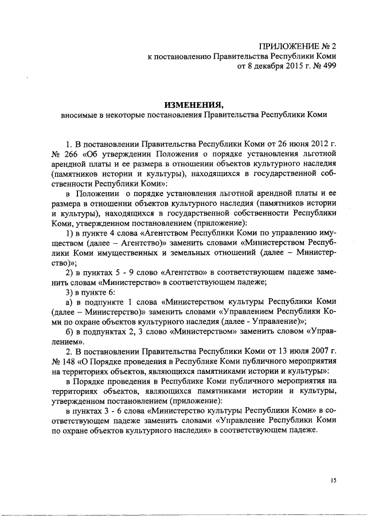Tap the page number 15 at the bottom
point(332,481)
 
